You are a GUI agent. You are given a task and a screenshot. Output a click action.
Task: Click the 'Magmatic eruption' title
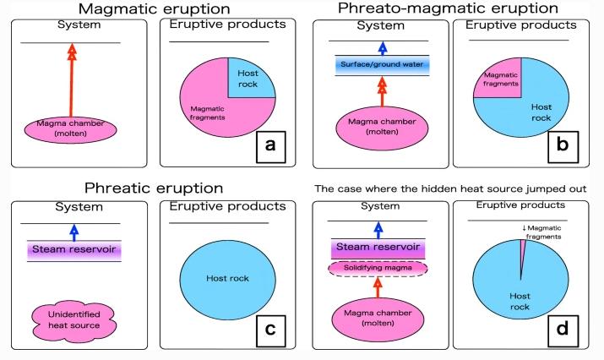point(150,9)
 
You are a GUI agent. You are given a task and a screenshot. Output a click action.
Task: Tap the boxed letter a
point(269,145)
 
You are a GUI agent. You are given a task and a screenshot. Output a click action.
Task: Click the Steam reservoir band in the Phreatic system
point(73,250)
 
